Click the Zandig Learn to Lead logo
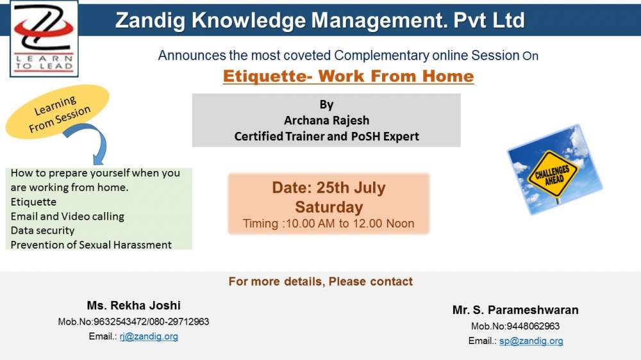[44, 38]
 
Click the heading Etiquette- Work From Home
[348, 76]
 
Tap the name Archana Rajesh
[327, 120]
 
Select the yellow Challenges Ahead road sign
[553, 176]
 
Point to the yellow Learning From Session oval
[58, 111]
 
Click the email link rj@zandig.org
[149, 336]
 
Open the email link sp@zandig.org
[531, 341]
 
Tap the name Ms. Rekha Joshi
[134, 306]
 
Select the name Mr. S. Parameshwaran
[515, 310]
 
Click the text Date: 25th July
[329, 188]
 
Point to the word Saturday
[329, 207]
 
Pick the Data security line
[42, 231]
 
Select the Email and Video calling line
[67, 216]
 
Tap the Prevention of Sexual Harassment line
[91, 245]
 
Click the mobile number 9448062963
[533, 326]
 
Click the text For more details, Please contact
[320, 282]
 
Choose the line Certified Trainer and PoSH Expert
[327, 136]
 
